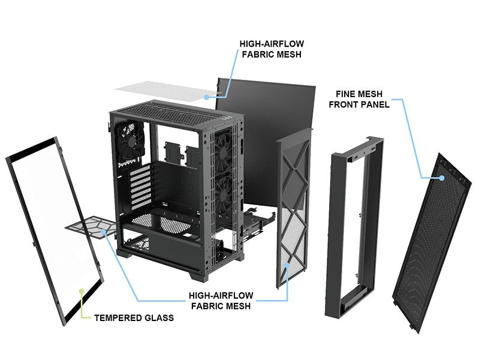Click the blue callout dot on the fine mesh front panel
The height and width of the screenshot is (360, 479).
pos(442,177)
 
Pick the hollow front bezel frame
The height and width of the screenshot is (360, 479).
pos(354,228)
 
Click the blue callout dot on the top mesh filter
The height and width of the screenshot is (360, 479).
pos(207,95)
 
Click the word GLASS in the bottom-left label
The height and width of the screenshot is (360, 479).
pos(158,317)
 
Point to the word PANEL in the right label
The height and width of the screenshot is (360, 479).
pos(376,104)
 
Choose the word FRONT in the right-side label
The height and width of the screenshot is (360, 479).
pos(346,104)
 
